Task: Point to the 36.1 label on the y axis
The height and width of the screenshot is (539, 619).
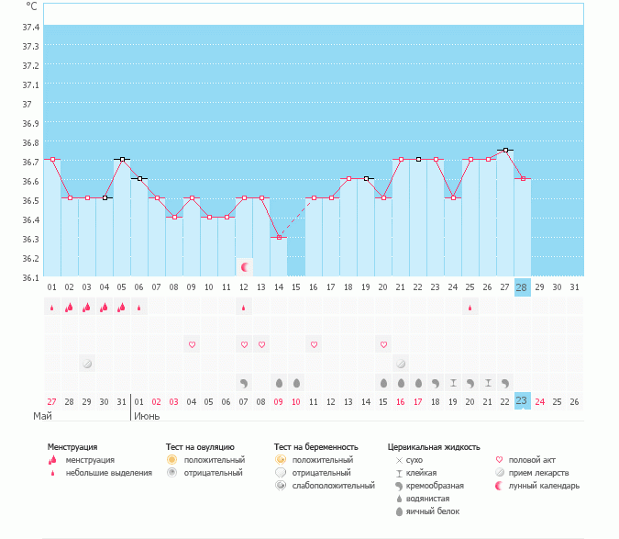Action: click(30, 277)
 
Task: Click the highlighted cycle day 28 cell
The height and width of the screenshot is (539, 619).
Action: click(522, 287)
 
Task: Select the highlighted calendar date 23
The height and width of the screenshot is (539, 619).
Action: click(522, 401)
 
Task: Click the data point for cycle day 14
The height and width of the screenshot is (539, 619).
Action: click(279, 237)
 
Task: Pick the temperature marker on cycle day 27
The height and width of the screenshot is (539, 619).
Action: click(504, 150)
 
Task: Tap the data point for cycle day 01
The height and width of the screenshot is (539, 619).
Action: click(52, 160)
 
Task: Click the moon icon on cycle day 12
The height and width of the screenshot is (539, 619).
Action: click(244, 267)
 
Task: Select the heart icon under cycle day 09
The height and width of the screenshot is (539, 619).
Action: click(193, 344)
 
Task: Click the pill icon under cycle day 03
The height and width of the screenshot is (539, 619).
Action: click(87, 364)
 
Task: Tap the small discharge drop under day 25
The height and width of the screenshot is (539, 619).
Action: click(470, 308)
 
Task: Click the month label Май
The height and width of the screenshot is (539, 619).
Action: click(43, 416)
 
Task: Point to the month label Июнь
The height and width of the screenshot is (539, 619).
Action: click(147, 416)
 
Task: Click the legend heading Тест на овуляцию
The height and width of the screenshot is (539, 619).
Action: click(200, 447)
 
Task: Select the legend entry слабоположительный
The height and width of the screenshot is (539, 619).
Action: click(333, 485)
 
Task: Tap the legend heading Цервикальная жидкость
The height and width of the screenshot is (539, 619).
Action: click(434, 447)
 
